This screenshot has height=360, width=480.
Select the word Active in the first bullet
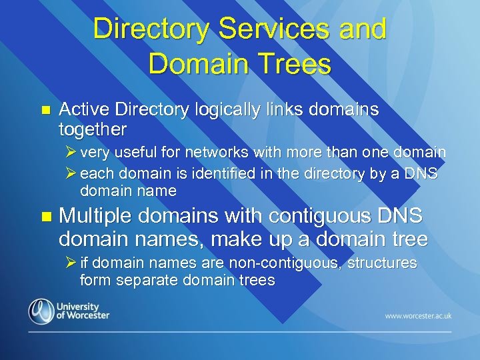coord(86,109)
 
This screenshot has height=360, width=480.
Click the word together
coord(93,127)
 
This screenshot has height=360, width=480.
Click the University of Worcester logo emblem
coord(41,311)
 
